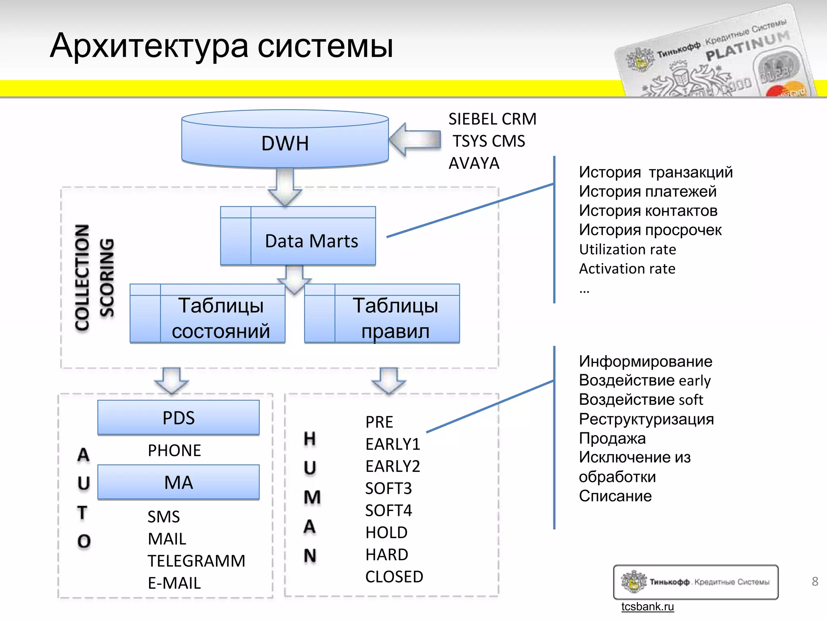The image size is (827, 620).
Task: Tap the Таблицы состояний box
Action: pyautogui.click(x=208, y=314)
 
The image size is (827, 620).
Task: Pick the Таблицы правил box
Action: pyautogui.click(x=382, y=314)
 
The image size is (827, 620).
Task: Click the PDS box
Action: pyautogui.click(x=178, y=417)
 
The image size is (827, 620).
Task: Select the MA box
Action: pyautogui.click(x=178, y=482)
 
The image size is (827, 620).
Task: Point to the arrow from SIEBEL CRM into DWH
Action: pyautogui.click(x=416, y=140)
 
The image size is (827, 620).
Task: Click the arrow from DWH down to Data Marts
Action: pyautogui.click(x=285, y=186)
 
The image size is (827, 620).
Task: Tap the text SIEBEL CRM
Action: pyautogui.click(x=492, y=119)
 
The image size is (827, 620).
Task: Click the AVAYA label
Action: pyautogui.click(x=474, y=163)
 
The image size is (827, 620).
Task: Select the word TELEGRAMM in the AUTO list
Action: pyautogui.click(x=196, y=561)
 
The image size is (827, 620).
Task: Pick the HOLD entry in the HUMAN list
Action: pyautogui.click(x=386, y=532)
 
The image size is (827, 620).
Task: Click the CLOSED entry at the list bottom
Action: pyautogui.click(x=394, y=576)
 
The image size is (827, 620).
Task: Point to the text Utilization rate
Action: pyautogui.click(x=627, y=249)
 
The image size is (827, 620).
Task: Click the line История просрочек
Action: pyautogui.click(x=650, y=230)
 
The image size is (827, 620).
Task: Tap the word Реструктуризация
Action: pyautogui.click(x=646, y=419)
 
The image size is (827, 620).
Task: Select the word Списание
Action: pyautogui.click(x=615, y=496)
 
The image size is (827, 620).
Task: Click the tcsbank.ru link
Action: pyautogui.click(x=647, y=607)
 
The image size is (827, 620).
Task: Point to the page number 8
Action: pyautogui.click(x=815, y=581)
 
